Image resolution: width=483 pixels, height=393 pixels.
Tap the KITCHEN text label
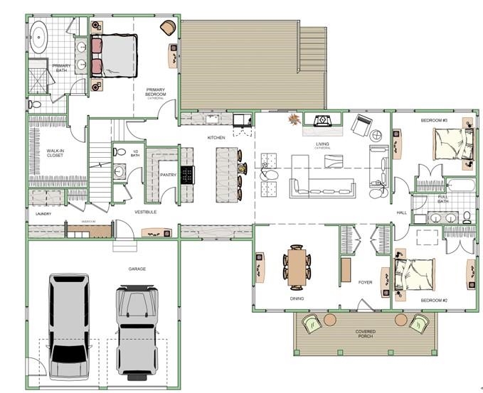[x=216, y=137]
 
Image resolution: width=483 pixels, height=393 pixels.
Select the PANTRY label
[x=168, y=174]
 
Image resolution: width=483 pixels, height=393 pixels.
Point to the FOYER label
[x=365, y=282]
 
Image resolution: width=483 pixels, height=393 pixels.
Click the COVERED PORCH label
[x=366, y=334]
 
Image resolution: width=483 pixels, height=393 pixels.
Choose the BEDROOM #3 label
[x=433, y=120]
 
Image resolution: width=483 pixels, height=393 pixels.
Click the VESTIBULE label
[x=145, y=212]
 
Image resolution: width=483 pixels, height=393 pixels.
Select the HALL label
[x=401, y=212]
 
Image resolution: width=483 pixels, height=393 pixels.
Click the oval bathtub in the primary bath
[x=38, y=33]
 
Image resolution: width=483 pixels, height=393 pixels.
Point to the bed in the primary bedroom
[x=115, y=55]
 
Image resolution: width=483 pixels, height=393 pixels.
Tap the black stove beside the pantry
[x=188, y=174]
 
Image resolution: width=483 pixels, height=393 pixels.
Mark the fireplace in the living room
[x=323, y=122]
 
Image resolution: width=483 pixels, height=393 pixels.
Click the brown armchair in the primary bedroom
[x=167, y=27]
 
